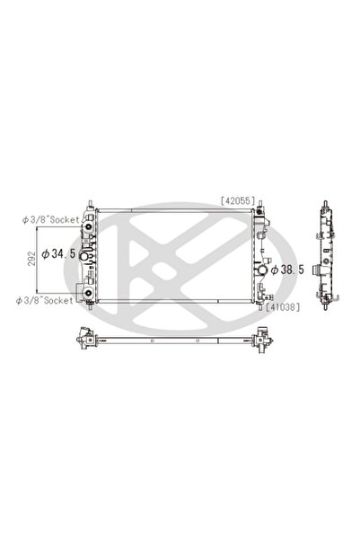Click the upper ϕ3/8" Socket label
(48, 218)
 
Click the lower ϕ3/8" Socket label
(48, 299)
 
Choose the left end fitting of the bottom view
(86, 340)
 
